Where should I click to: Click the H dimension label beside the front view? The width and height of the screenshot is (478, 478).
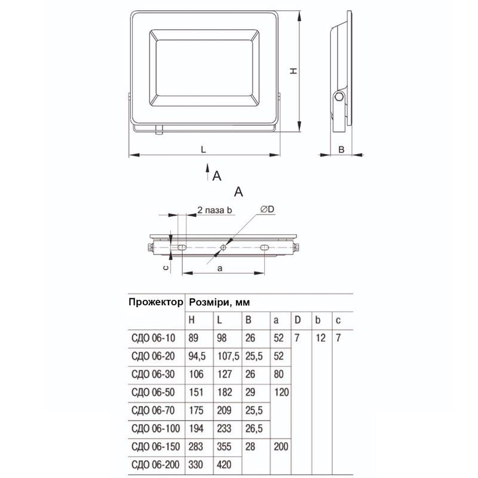point(293,71)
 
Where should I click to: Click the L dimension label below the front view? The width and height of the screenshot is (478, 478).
point(204,149)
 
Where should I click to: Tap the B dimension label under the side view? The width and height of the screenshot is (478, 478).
point(341,149)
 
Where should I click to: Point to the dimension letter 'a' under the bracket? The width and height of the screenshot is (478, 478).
point(219,269)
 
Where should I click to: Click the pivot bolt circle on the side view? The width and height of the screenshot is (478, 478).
point(339,96)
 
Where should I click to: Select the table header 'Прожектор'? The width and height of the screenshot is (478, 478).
point(155,302)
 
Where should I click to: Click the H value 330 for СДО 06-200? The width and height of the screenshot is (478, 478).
point(196,464)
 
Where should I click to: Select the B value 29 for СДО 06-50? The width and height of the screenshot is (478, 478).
point(250,393)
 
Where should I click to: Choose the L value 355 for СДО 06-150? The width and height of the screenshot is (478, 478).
point(225,446)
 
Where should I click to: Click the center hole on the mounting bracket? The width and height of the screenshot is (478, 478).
point(223,247)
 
